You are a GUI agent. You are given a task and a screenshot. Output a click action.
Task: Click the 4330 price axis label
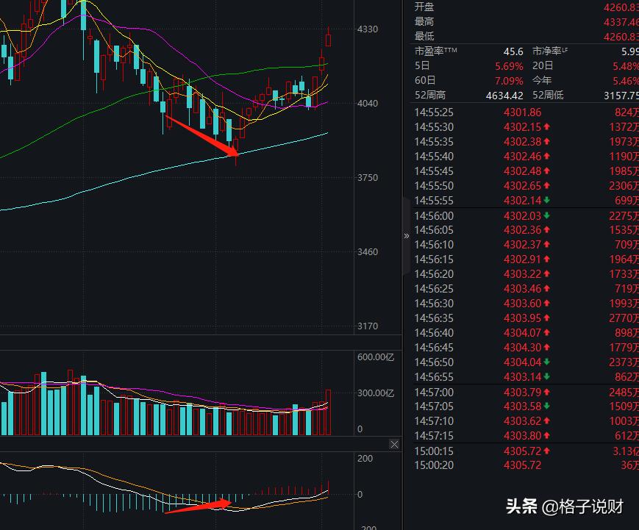[367, 29]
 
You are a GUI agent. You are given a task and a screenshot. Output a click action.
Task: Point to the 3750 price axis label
[367, 178]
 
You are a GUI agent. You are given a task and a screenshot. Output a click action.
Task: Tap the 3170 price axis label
[367, 326]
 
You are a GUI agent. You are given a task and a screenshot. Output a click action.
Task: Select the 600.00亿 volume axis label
[376, 357]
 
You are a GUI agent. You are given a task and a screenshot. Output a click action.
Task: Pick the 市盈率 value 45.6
[513, 51]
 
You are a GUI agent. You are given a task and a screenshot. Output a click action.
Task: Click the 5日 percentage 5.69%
[509, 66]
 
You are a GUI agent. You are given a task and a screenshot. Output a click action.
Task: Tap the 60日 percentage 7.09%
[509, 81]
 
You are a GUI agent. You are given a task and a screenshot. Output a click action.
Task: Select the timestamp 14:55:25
[434, 112]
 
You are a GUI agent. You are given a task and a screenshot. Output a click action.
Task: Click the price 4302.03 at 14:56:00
[522, 215]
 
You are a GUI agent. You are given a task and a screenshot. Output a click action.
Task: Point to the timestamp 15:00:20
[434, 465]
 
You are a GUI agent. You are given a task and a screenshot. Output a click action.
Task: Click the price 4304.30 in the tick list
[522, 348]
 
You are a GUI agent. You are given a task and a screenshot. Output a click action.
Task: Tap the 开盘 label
[424, 7]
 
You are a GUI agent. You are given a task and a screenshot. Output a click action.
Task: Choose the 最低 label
[424, 36]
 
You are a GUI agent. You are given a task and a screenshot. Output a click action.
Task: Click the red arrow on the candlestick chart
[201, 135]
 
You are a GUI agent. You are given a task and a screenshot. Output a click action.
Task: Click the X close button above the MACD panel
[395, 444]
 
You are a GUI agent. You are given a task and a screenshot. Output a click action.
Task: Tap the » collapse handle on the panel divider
[407, 236]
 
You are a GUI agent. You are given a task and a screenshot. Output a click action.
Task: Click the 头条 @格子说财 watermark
[565, 506]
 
